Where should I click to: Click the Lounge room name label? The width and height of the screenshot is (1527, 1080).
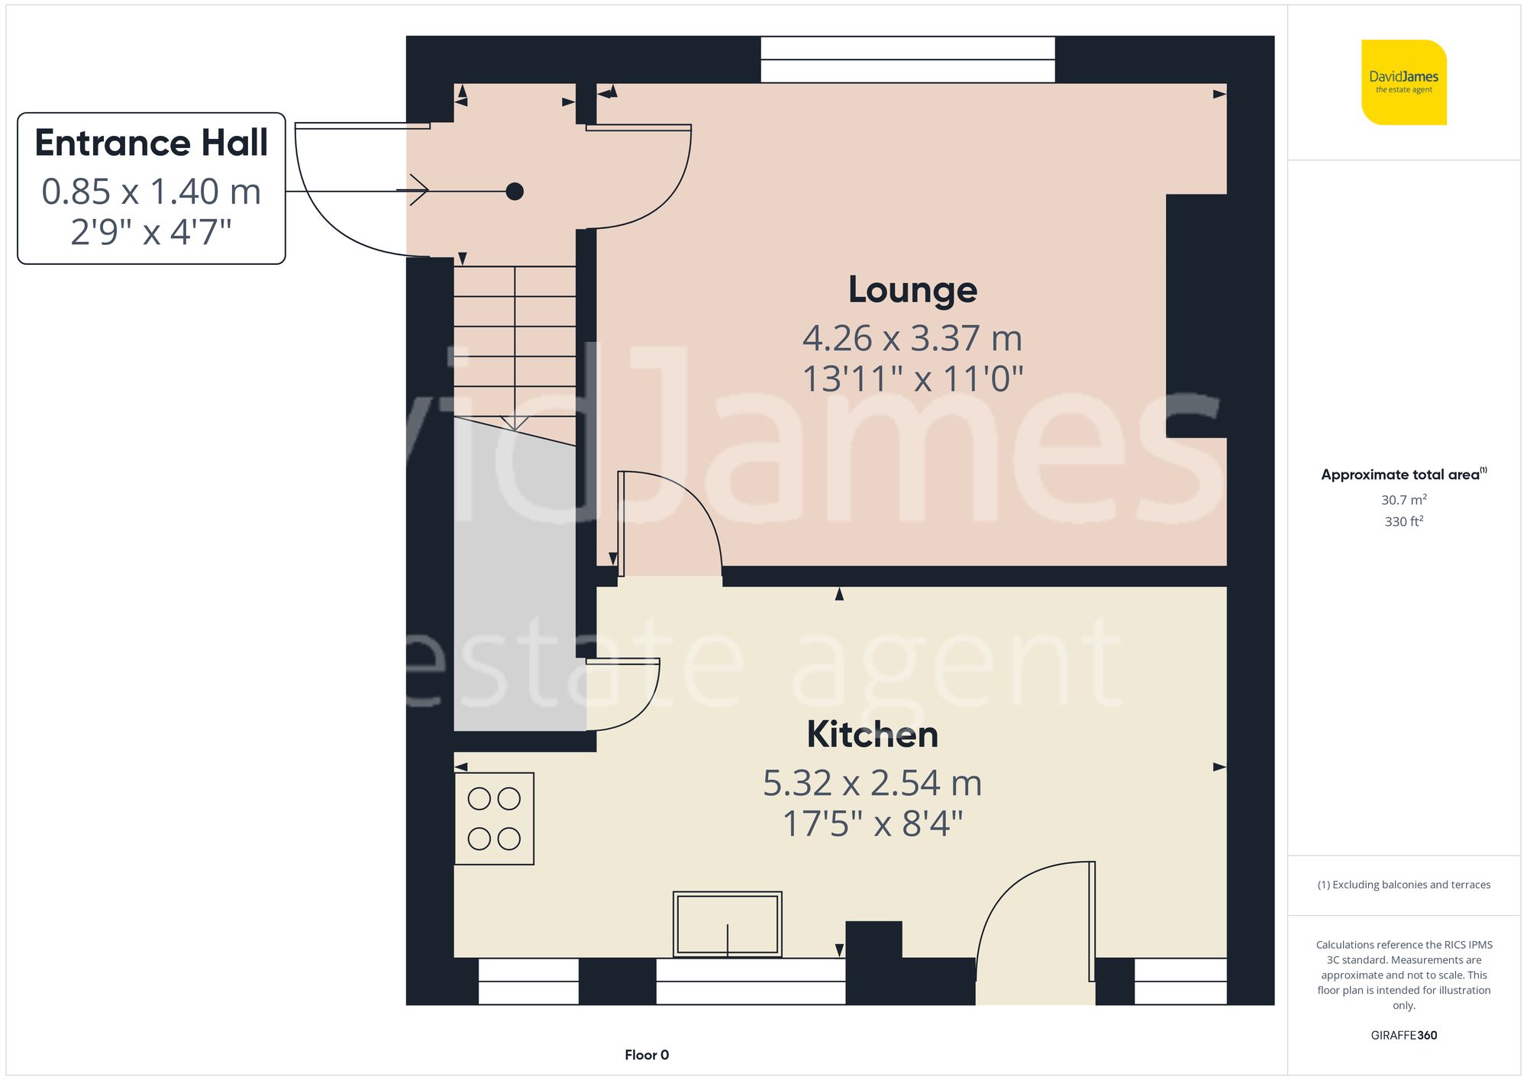912,290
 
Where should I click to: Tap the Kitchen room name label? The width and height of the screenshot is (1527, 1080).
873,734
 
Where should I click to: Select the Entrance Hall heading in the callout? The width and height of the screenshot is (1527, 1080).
151,143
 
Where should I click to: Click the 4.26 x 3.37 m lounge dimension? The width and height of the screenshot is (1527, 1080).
912,338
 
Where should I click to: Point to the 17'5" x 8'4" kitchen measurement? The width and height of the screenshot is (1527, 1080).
873,824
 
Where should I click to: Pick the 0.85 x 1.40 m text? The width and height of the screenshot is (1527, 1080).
151,192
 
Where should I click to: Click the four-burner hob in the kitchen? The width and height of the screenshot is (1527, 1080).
494,818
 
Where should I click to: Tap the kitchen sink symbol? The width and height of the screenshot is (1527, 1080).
728,924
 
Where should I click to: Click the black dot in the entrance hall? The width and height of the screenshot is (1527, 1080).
515,191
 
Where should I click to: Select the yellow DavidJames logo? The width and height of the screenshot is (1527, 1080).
1404,82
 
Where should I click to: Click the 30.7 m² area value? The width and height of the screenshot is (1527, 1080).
1404,500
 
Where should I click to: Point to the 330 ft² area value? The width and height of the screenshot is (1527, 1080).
1404,521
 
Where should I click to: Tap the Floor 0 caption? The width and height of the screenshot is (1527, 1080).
647,1055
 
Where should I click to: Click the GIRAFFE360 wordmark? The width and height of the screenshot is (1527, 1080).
1404,1036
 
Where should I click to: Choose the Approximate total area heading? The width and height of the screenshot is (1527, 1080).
1404,474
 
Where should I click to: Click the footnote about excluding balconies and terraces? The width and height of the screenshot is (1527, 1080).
1404,885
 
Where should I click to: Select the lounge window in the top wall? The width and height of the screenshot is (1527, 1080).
908,60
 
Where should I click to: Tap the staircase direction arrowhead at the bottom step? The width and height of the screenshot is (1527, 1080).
515,423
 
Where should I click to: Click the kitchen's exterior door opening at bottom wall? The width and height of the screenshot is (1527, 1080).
1035,981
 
